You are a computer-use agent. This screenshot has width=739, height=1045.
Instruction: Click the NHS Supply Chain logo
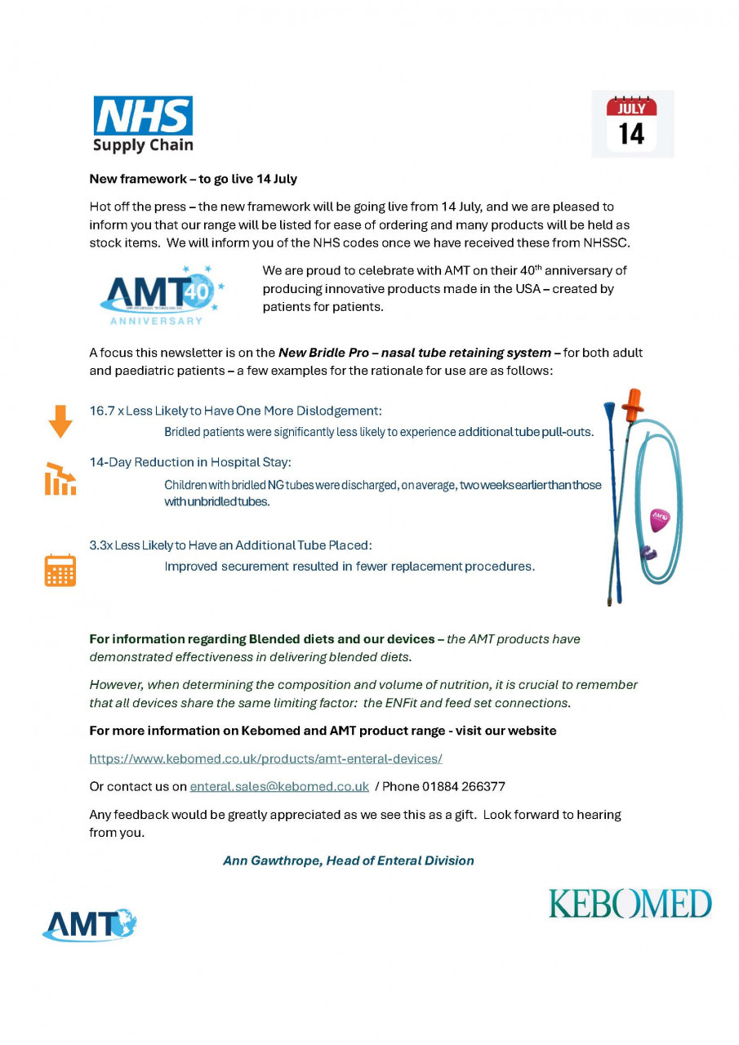pyautogui.click(x=143, y=124)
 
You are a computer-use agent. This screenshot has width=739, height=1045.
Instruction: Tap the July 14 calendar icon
pyautogui.click(x=631, y=123)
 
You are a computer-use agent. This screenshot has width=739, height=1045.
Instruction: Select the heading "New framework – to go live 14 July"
pyautogui.click(x=193, y=179)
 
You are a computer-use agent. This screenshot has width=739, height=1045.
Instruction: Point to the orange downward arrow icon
pyautogui.click(x=60, y=421)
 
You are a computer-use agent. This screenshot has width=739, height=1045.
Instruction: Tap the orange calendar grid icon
pyautogui.click(x=60, y=570)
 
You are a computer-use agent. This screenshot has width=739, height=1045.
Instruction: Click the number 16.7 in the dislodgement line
pyautogui.click(x=102, y=411)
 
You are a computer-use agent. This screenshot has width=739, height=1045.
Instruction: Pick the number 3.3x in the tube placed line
pyautogui.click(x=100, y=545)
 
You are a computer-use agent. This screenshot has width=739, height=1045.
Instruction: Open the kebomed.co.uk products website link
pyautogui.click(x=265, y=758)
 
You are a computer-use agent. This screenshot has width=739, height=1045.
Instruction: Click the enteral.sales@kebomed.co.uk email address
pyautogui.click(x=279, y=787)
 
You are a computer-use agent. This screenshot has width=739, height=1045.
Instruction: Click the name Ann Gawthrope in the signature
pyautogui.click(x=270, y=860)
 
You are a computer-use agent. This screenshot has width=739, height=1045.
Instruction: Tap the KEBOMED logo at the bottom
pyautogui.click(x=630, y=904)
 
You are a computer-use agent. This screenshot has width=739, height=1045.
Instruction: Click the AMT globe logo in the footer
pyautogui.click(x=89, y=924)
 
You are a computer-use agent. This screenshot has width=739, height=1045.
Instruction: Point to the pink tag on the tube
pyautogui.click(x=659, y=519)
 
